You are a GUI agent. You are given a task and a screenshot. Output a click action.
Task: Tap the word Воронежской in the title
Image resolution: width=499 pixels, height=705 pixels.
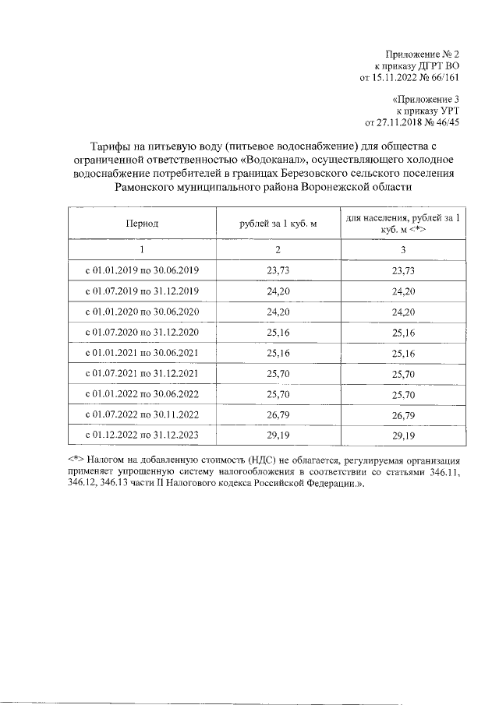point(323,188)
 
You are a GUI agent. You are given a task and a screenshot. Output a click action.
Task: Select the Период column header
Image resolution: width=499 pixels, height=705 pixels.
point(143,224)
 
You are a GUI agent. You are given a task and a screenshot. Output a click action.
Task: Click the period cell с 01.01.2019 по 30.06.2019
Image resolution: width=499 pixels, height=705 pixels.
point(143,270)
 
